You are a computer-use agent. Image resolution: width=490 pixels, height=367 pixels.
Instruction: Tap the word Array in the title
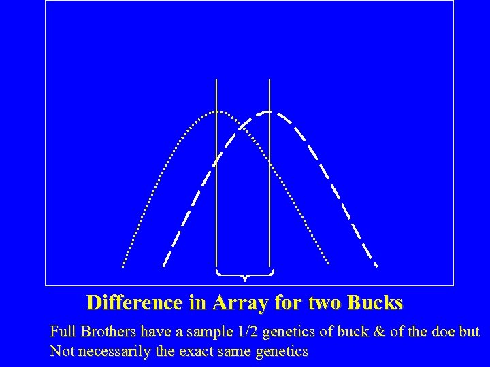(240, 301)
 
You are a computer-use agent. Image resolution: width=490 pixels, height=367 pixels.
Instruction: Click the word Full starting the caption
(62, 332)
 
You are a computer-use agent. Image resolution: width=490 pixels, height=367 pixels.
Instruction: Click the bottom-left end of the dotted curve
(123, 265)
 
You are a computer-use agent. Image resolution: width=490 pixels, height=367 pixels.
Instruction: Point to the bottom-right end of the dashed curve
(376, 265)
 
